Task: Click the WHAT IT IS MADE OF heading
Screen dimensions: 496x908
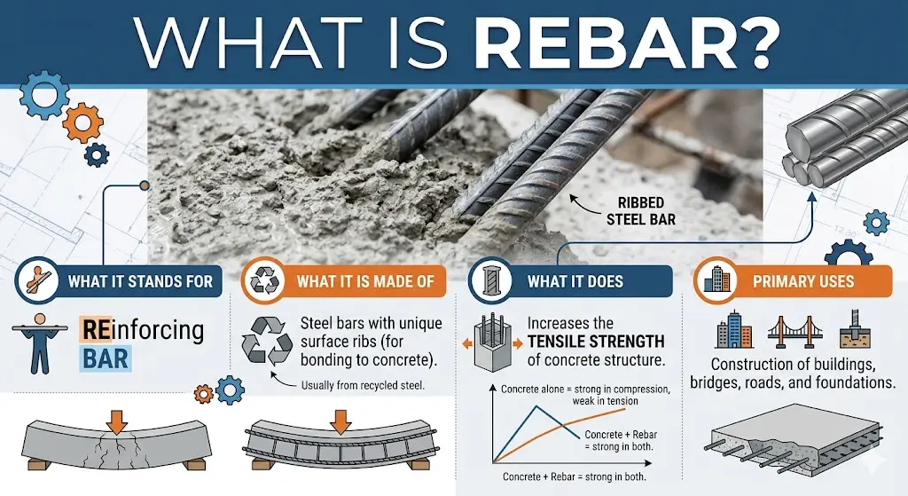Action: point(364,281)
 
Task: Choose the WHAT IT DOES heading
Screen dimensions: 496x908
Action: point(575,281)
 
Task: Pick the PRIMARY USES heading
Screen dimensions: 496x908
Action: point(802,281)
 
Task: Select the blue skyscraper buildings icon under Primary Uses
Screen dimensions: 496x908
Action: point(733,331)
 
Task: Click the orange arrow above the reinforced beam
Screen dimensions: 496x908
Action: point(339,416)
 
